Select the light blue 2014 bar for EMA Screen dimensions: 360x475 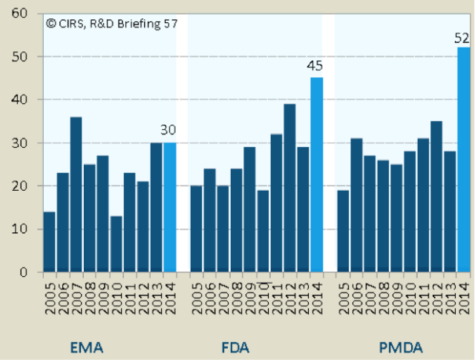169,207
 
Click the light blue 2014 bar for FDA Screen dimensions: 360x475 316,175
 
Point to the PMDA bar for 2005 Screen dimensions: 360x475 344,231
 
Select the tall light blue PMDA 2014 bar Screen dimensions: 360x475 464,160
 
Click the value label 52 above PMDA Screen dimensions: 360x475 462,38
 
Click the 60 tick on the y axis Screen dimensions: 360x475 19,13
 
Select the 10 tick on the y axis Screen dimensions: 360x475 19,229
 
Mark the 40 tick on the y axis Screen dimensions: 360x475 19,99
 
